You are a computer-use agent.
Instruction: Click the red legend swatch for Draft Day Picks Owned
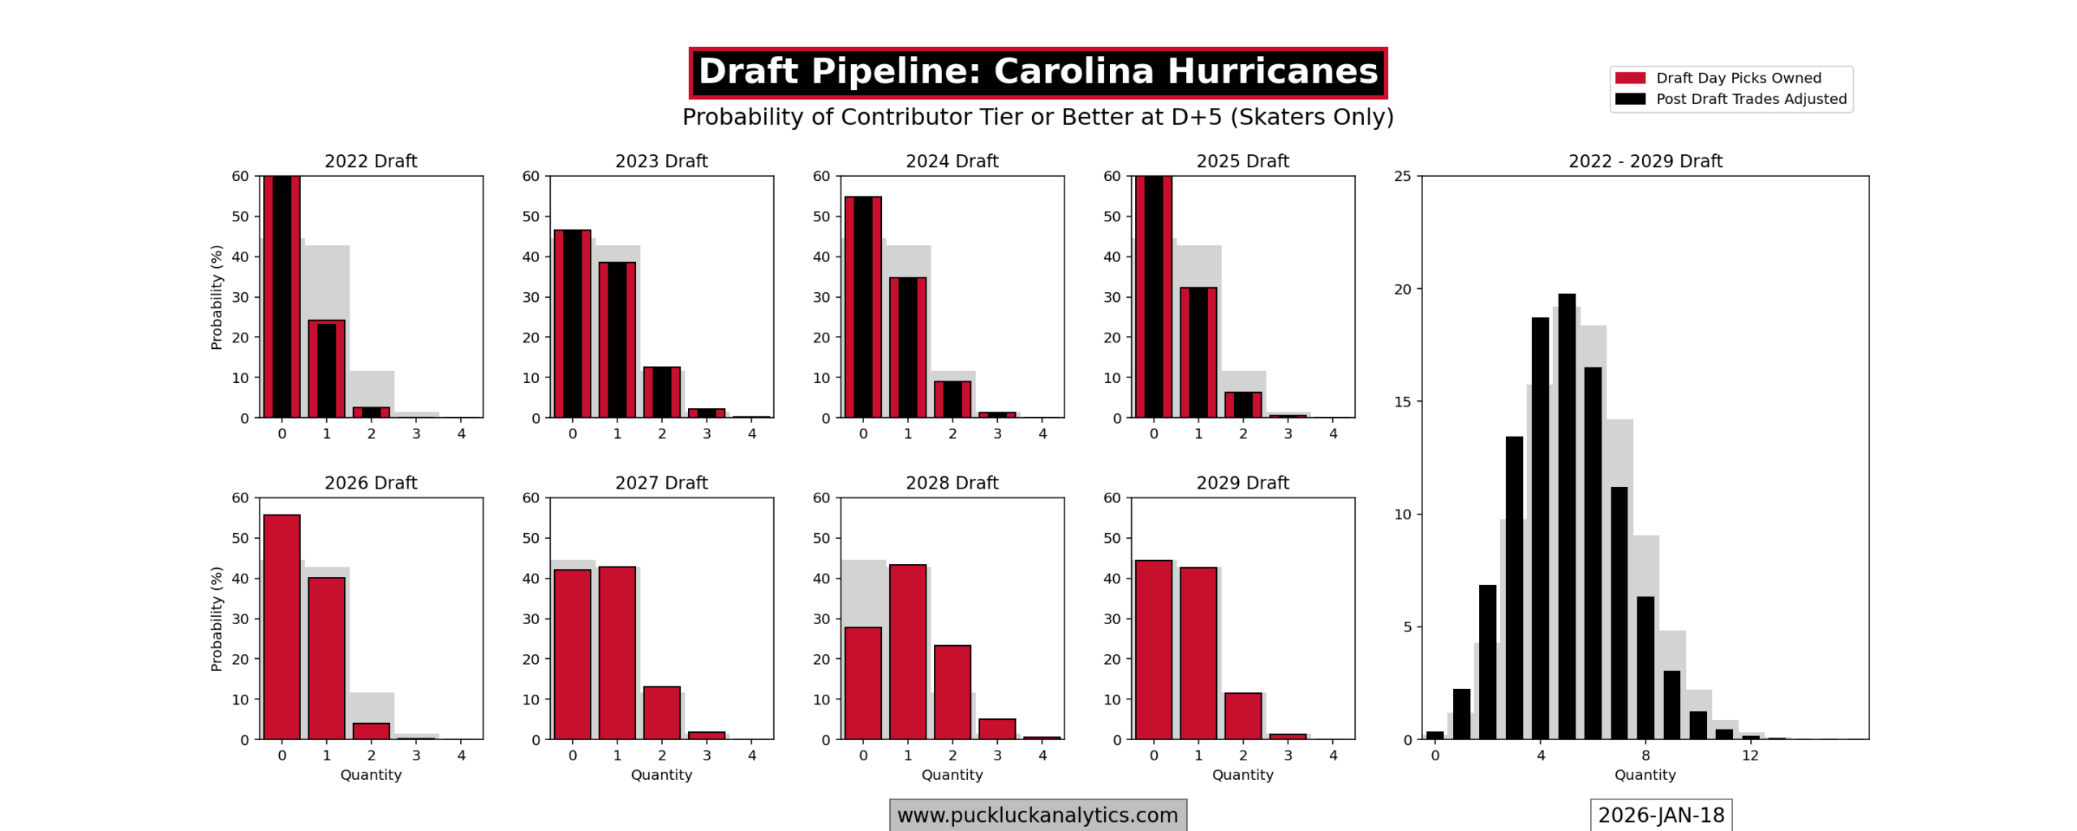coord(1629,78)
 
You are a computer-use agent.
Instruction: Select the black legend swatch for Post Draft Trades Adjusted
coord(1629,99)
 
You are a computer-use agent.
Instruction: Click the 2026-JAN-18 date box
coord(1660,815)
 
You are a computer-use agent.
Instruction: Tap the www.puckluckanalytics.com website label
coord(1037,815)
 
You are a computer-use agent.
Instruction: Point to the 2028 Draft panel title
coord(952,483)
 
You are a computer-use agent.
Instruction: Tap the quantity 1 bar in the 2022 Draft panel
coord(326,369)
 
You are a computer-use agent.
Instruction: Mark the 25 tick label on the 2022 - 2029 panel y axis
coord(1402,176)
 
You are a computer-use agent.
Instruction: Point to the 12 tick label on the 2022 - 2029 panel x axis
coord(1750,756)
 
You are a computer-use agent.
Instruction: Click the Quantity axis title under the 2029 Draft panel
coord(1242,775)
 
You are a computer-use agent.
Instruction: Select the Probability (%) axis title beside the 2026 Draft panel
coord(216,618)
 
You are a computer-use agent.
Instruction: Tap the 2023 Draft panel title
coord(661,161)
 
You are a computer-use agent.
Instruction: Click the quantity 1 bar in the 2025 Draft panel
coord(1198,352)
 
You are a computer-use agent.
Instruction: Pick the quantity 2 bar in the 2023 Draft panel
coord(661,392)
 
